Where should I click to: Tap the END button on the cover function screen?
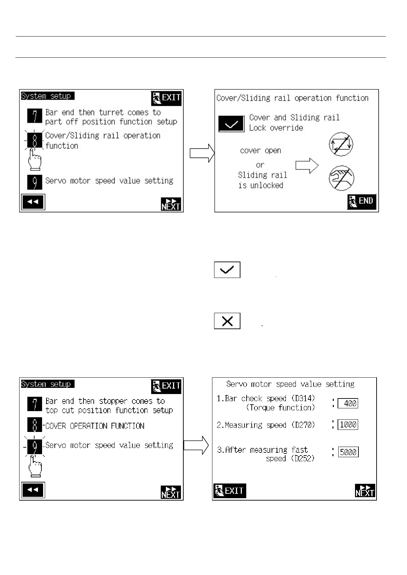tap(362, 201)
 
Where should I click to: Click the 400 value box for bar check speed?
tap(348, 403)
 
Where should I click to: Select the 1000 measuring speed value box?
tap(348, 424)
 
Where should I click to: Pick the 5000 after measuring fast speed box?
tap(348, 452)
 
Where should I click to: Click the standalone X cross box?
tap(227, 321)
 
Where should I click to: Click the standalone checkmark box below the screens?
tap(227, 270)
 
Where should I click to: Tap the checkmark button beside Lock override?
tap(232, 124)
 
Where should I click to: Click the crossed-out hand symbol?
tap(341, 178)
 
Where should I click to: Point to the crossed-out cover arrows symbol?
tap(341, 144)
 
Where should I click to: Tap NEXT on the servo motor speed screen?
tap(365, 491)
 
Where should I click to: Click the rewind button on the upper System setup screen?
tap(33, 202)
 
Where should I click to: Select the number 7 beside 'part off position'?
tap(35, 116)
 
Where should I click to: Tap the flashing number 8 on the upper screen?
tap(35, 140)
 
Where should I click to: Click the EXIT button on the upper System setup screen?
tap(166, 98)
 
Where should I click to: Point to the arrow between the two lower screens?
tap(196, 445)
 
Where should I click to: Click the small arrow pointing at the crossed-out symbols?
tap(307, 166)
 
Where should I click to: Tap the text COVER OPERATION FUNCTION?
tap(95, 426)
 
